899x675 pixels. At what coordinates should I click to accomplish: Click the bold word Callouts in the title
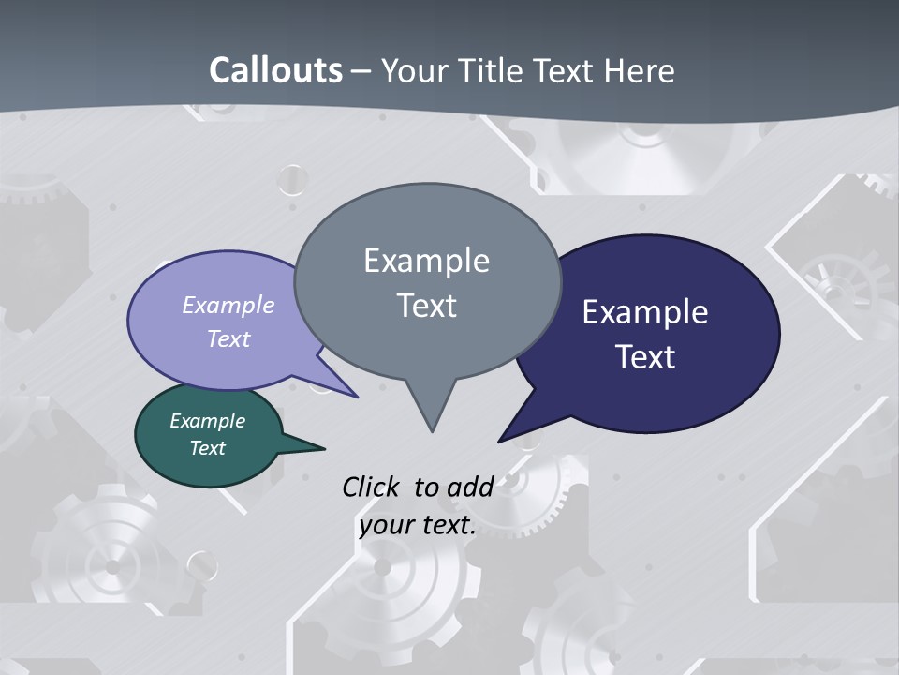pyautogui.click(x=275, y=70)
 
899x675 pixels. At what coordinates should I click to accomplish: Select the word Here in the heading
pyautogui.click(x=638, y=70)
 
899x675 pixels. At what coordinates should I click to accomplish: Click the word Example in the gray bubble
pyautogui.click(x=426, y=261)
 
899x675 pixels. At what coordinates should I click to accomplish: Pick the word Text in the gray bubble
pyautogui.click(x=426, y=306)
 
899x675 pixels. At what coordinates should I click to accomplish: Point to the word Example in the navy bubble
pyautogui.click(x=644, y=312)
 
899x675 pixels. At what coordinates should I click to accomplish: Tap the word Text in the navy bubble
pyautogui.click(x=645, y=357)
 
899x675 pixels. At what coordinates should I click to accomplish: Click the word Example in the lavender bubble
pyautogui.click(x=228, y=305)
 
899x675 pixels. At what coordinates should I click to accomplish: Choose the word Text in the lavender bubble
pyautogui.click(x=228, y=338)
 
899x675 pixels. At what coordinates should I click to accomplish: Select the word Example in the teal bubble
pyautogui.click(x=207, y=421)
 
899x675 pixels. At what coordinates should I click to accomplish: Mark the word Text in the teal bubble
pyautogui.click(x=207, y=448)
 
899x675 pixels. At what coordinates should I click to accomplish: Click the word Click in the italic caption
pyautogui.click(x=373, y=487)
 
